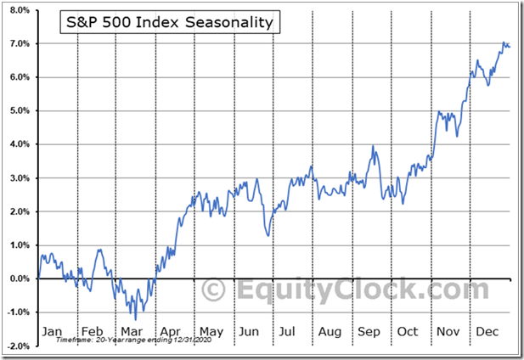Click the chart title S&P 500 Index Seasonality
[169, 23]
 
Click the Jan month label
[53, 330]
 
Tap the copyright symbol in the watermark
[213, 289]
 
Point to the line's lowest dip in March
[136, 318]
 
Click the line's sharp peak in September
[373, 146]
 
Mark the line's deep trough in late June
[268, 235]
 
